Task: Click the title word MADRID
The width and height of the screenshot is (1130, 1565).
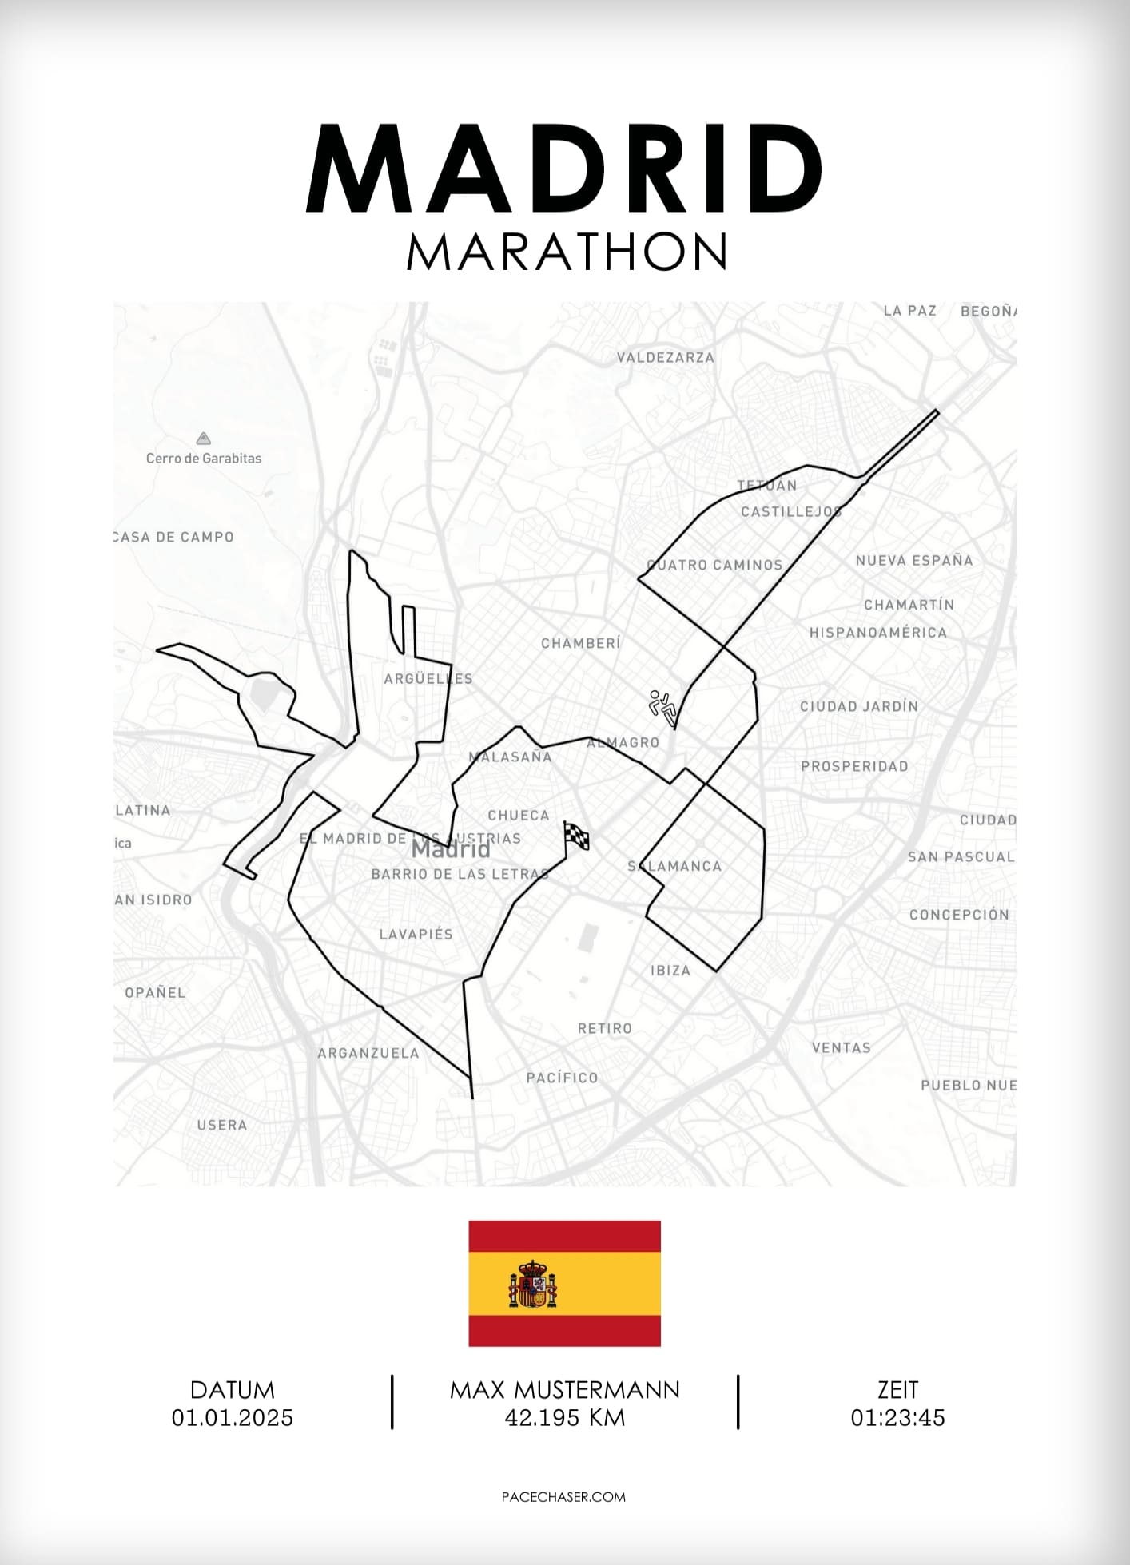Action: pos(565,169)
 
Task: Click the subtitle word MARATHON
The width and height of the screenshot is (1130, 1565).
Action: pos(567,252)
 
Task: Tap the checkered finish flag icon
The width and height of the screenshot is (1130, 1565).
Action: pos(577,836)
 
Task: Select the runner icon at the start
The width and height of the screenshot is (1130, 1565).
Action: pos(662,706)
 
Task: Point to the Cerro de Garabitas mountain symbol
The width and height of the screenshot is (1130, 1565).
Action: pos(203,439)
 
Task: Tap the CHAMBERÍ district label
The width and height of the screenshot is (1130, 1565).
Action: pos(580,643)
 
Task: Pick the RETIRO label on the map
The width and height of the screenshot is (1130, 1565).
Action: pos(604,1029)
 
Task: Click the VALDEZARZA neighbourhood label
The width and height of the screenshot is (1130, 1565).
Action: pos(665,358)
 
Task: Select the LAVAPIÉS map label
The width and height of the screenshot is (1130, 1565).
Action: pos(416,934)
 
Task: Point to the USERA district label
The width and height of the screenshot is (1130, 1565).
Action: pos(221,1125)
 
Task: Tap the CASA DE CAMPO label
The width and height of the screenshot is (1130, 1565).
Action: pos(173,537)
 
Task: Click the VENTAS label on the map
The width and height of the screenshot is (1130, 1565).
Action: pos(841,1047)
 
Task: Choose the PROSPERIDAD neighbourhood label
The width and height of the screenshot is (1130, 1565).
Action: pos(854,766)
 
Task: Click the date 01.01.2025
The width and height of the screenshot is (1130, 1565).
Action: pos(233,1418)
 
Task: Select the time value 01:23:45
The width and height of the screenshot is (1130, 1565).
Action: pos(897,1418)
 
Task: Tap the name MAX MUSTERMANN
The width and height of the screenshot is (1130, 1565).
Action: pos(564,1390)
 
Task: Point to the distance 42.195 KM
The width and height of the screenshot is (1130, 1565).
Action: pos(564,1418)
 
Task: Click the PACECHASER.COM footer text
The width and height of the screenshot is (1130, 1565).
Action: pos(563,1497)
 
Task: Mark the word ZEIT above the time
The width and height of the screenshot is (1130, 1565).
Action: pos(897,1390)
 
